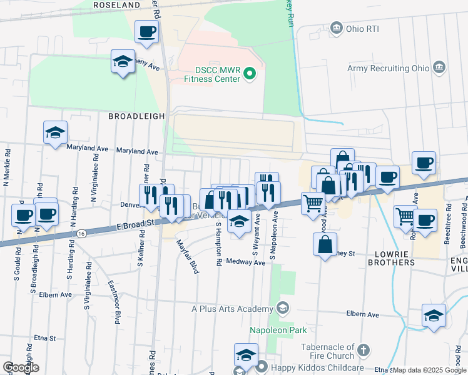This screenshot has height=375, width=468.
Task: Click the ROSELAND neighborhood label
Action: tap(116, 4)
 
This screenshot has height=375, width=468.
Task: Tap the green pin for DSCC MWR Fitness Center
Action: tap(250, 74)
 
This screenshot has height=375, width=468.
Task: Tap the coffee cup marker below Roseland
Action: tap(146, 32)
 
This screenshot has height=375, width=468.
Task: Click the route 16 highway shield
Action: tap(82, 232)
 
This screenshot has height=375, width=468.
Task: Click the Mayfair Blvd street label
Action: tap(187, 256)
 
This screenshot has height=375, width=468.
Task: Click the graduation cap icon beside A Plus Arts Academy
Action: tap(282, 308)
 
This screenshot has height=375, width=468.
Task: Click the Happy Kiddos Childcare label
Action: tap(307, 367)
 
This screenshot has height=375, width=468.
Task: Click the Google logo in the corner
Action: tap(21, 367)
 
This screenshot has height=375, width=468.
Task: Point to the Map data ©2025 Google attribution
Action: tap(429, 370)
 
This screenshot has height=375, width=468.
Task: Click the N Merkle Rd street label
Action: tap(8, 167)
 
